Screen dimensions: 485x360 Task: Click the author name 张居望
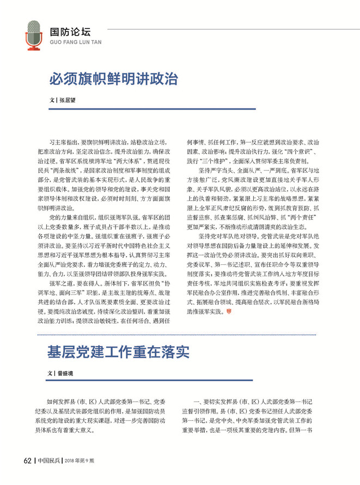tap(67, 101)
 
